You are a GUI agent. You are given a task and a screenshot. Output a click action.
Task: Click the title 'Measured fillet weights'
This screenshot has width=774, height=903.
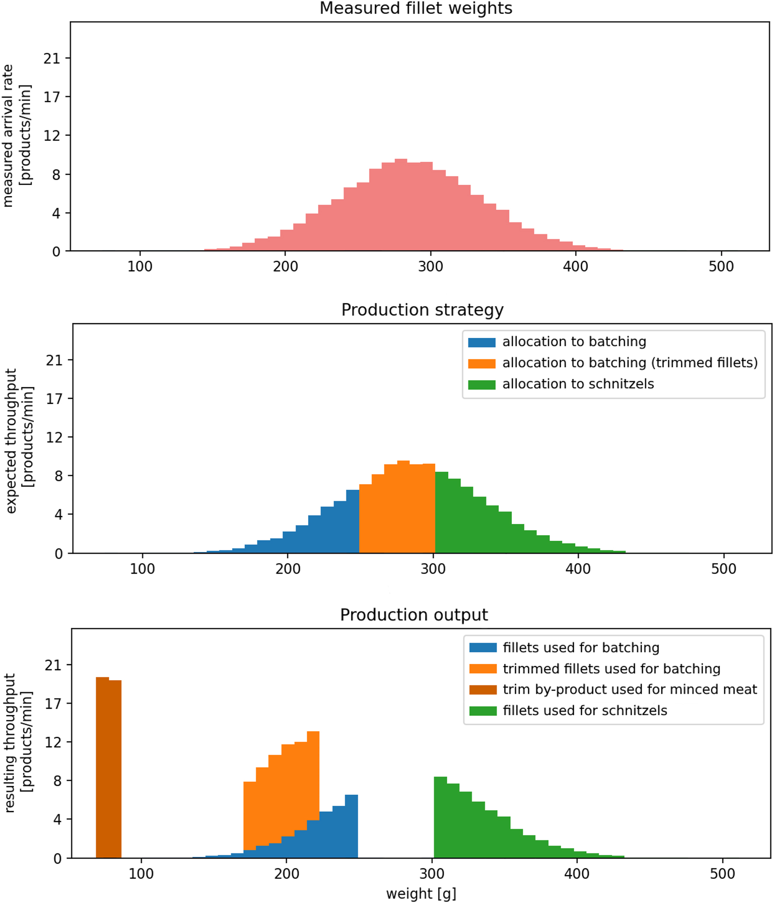[416, 9]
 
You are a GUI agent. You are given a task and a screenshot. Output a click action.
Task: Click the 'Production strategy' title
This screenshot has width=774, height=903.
[422, 310]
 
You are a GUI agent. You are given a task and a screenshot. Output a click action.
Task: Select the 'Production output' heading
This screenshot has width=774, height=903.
[414, 614]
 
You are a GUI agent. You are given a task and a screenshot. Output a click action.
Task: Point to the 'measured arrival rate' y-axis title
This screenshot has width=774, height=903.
[8, 135]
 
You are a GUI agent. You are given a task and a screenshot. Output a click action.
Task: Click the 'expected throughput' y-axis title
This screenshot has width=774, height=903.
[11, 440]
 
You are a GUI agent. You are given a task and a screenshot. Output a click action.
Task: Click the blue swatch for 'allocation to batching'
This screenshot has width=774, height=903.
[482, 342]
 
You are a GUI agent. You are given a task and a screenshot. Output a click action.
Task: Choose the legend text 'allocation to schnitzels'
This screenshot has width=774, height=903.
[578, 384]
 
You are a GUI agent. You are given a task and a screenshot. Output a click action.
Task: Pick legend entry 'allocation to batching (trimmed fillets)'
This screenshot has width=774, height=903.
[630, 363]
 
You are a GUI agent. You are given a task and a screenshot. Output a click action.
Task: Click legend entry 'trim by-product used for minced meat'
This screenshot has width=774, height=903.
[630, 689]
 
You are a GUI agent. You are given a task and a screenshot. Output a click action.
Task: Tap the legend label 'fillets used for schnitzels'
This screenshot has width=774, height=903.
[585, 710]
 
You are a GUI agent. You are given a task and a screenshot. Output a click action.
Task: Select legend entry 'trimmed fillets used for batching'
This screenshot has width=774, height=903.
[611, 668]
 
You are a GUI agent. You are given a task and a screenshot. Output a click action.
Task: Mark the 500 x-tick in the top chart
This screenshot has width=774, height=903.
[721, 266]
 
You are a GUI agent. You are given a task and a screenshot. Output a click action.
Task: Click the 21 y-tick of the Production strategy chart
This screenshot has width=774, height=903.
[55, 360]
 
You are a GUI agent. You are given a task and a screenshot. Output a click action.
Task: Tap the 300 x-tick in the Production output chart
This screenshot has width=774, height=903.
[432, 874]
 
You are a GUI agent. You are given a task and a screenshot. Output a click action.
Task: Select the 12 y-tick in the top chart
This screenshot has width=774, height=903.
[52, 135]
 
